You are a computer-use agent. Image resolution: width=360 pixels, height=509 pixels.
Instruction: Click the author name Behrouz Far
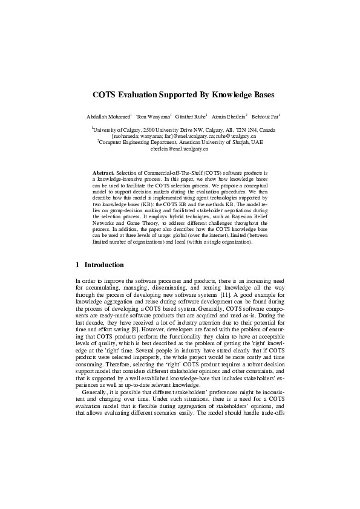pyautogui.click(x=265, y=115)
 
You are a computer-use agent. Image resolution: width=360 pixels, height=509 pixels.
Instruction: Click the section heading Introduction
pyautogui.click(x=103, y=265)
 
